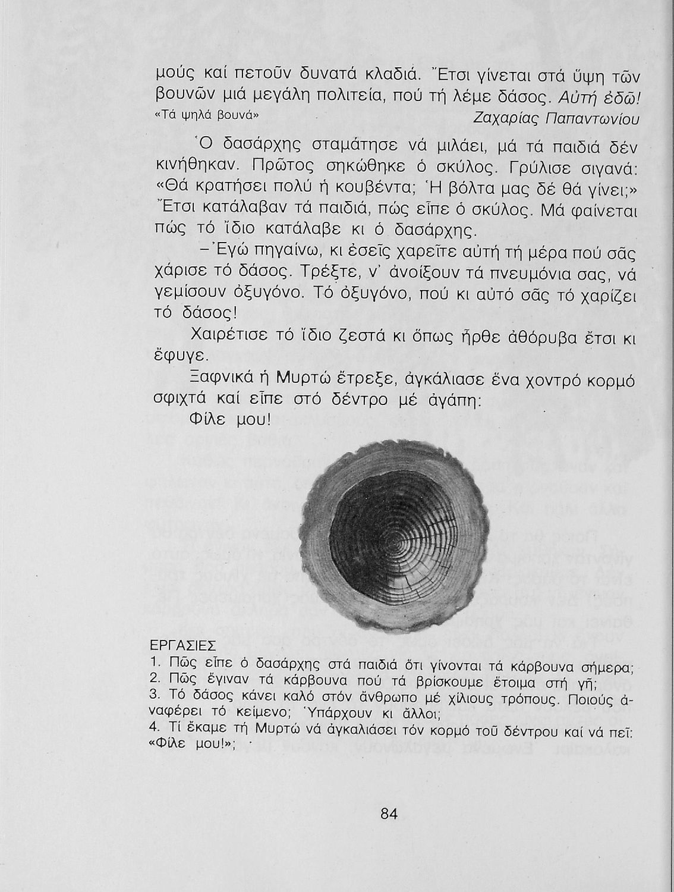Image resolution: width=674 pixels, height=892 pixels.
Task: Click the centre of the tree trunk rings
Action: tap(397, 539)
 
